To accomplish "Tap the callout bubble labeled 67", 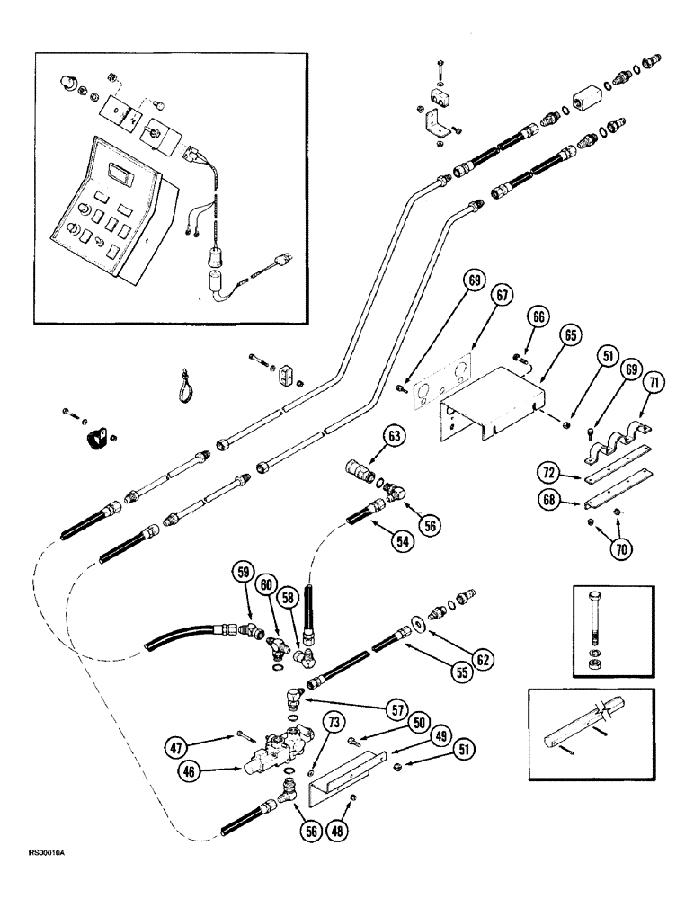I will click(500, 296).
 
